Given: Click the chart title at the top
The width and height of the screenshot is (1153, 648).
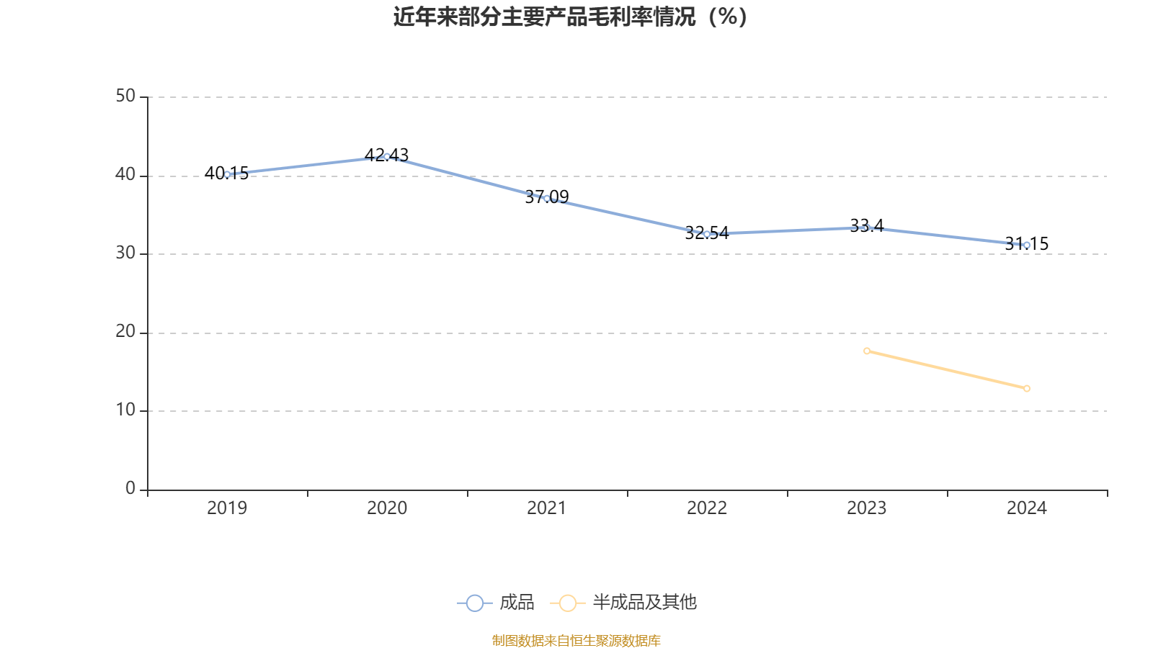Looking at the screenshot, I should [x=570, y=17].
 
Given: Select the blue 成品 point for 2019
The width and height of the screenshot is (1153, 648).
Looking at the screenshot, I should [x=228, y=174].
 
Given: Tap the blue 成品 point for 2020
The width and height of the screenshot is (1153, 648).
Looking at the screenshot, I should [x=387, y=156].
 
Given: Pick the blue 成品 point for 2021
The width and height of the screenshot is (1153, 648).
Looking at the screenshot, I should [x=547, y=198].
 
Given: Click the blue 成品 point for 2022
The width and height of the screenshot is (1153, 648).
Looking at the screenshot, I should [x=707, y=234].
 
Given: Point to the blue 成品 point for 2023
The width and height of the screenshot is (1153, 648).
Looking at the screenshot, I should [x=867, y=228].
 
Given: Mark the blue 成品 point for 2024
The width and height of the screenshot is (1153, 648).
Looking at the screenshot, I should [x=1027, y=245].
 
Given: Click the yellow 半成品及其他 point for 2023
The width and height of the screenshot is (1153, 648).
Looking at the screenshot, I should [x=867, y=351].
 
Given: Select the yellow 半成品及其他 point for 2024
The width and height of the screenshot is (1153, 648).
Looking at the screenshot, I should [x=1027, y=388].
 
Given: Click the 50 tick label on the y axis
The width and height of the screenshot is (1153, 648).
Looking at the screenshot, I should [x=125, y=96].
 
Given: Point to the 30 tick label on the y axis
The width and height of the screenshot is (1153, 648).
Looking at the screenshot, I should [x=125, y=253].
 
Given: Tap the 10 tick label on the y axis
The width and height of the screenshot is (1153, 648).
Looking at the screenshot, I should [x=125, y=410].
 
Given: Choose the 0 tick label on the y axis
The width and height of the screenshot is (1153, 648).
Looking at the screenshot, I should [x=130, y=489].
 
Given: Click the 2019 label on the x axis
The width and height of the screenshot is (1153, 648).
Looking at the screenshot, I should [x=227, y=508].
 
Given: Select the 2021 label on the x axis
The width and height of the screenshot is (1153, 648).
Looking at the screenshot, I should [x=547, y=508].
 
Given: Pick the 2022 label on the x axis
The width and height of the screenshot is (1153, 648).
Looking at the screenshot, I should [x=707, y=508].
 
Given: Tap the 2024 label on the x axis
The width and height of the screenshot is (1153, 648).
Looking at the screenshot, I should [x=1027, y=508].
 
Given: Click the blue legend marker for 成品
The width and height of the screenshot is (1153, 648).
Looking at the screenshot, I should [x=475, y=603].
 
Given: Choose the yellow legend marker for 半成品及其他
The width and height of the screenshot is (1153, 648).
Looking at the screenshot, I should [x=568, y=603].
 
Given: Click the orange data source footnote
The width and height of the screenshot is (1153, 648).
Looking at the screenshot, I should [x=576, y=640].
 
